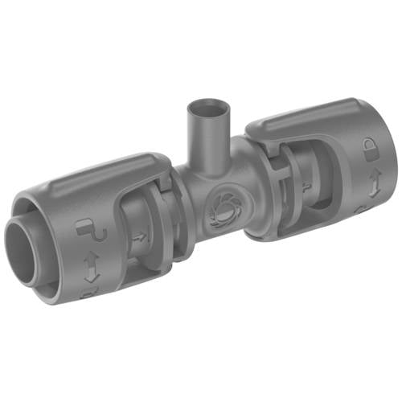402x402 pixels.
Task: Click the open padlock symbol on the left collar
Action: pyautogui.click(x=87, y=231)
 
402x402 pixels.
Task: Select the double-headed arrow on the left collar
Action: pyautogui.click(x=91, y=265)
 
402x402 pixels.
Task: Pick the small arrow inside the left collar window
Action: pyautogui.click(x=138, y=237)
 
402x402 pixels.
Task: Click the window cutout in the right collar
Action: pyautogui.click(x=301, y=181)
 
